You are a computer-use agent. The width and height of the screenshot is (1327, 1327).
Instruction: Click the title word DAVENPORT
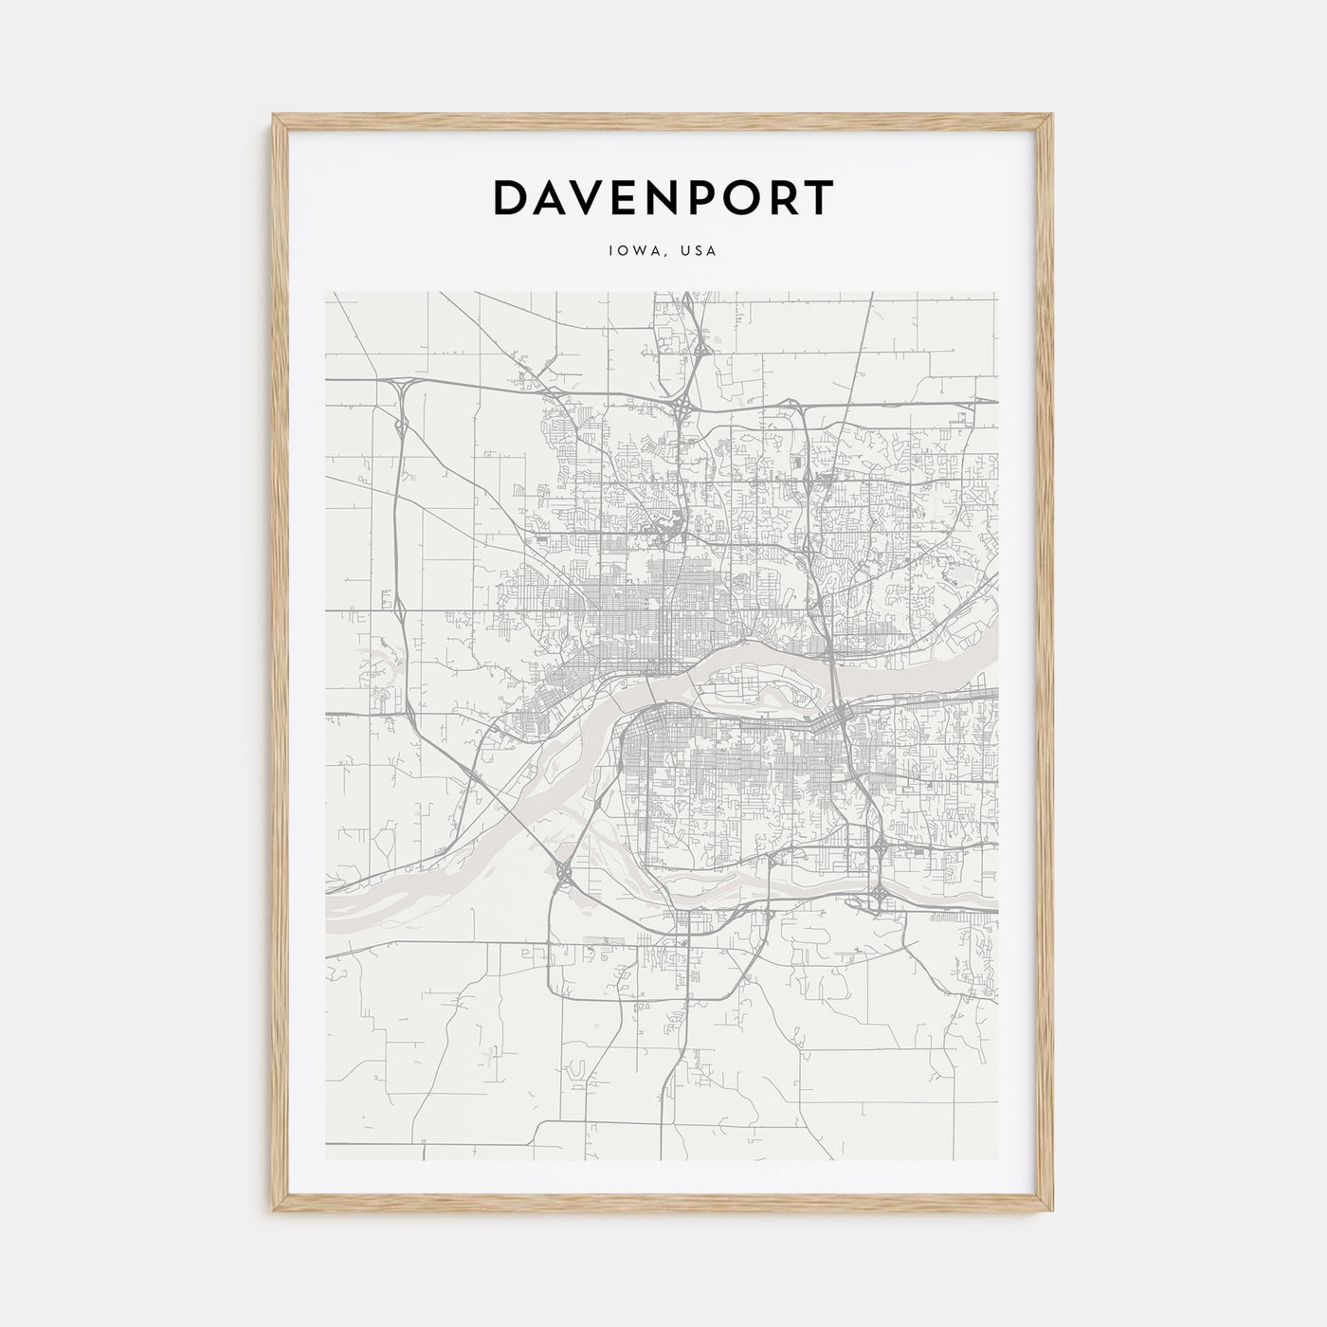663,197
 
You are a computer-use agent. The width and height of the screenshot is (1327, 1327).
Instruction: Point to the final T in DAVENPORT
821,197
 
